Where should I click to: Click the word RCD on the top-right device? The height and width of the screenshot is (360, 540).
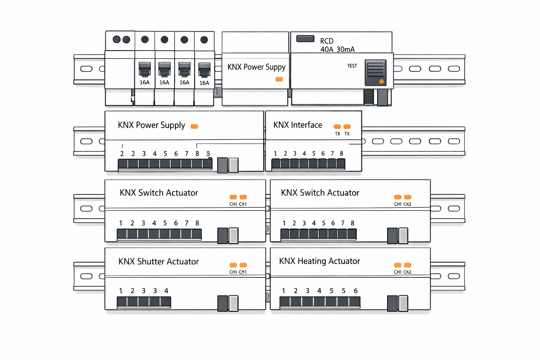pyautogui.click(x=327, y=41)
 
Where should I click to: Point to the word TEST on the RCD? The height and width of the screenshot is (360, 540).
pyautogui.click(x=352, y=66)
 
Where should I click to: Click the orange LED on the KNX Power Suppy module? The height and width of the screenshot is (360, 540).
pyautogui.click(x=279, y=79)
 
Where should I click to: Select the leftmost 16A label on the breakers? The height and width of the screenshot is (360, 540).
pyautogui.click(x=144, y=83)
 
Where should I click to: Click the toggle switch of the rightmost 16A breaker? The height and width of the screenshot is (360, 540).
pyautogui.click(x=204, y=69)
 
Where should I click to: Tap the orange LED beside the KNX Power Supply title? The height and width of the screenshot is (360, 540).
pyautogui.click(x=194, y=127)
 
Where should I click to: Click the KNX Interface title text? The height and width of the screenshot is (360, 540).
pyautogui.click(x=297, y=125)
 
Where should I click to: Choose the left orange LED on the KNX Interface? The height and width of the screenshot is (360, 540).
pyautogui.click(x=337, y=127)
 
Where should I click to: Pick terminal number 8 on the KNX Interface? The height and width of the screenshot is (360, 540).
pyautogui.click(x=341, y=154)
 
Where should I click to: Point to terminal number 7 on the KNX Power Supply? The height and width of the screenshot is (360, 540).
pyautogui.click(x=187, y=154)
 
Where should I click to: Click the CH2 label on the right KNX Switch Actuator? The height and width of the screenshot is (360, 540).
pyautogui.click(x=407, y=204)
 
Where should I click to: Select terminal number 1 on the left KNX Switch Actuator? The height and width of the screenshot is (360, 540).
pyautogui.click(x=121, y=223)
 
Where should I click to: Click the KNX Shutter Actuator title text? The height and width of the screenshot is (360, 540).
pyautogui.click(x=159, y=262)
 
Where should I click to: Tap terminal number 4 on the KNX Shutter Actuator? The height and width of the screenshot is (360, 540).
pyautogui.click(x=166, y=291)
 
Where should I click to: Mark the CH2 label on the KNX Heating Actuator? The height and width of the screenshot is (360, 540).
pyautogui.click(x=407, y=272)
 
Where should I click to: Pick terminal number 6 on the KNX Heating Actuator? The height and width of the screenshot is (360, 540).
pyautogui.click(x=356, y=291)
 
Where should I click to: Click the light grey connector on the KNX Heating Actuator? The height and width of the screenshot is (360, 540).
pyautogui.click(x=403, y=303)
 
